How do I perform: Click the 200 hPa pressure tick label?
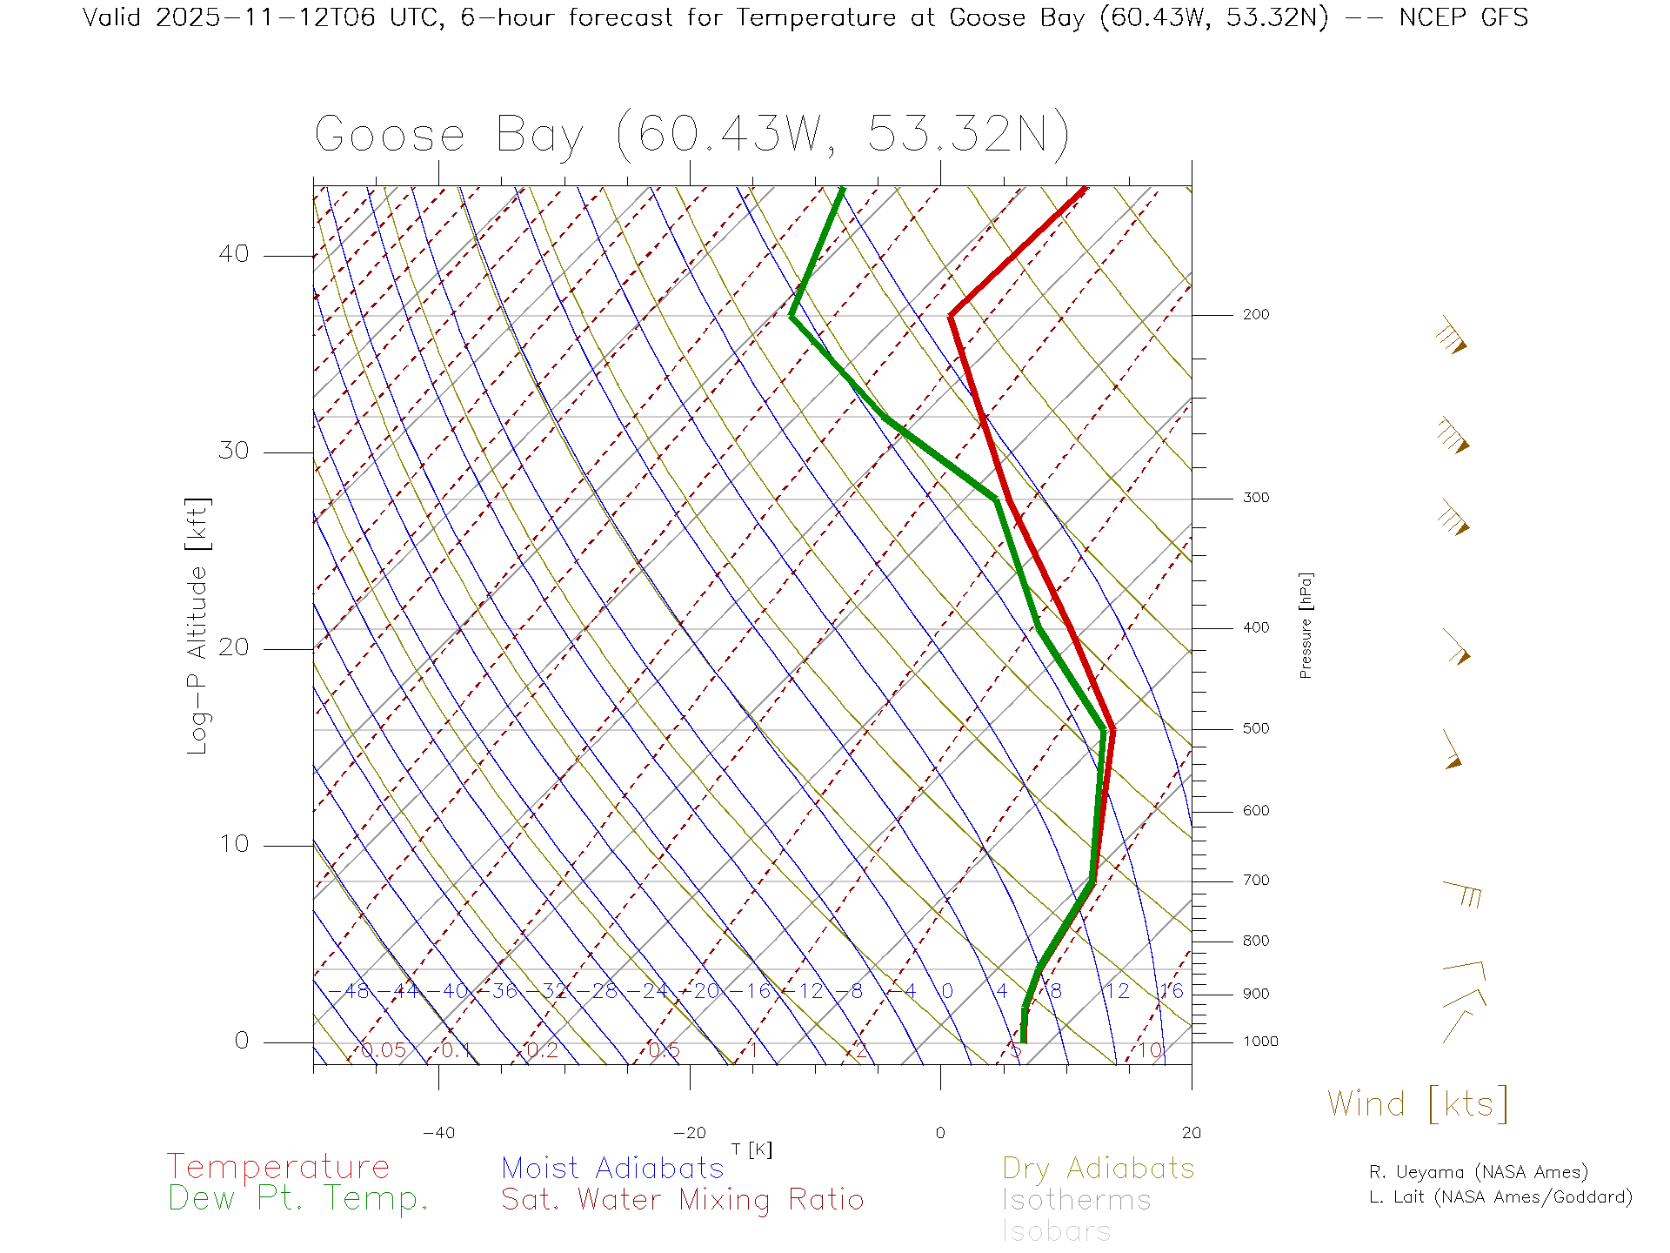click(1256, 315)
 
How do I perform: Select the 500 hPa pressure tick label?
click(1256, 729)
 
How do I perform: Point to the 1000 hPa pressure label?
click(1260, 1042)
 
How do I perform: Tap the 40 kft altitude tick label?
click(233, 254)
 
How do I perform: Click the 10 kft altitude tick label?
click(233, 844)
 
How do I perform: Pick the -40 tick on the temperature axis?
click(438, 1133)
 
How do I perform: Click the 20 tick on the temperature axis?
click(1191, 1133)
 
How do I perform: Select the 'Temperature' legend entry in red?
click(278, 1167)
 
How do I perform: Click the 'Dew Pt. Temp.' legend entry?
click(298, 1199)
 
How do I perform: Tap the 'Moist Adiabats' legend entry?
click(612, 1169)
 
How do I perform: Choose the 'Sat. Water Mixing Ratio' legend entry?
click(682, 1200)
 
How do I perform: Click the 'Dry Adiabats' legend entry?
click(1098, 1169)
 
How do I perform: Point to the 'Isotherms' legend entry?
click(1076, 1201)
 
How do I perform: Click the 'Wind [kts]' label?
click(1418, 1104)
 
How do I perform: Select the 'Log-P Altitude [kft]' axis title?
click(198, 626)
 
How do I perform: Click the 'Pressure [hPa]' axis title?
click(1306, 625)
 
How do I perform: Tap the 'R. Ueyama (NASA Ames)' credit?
click(1479, 1172)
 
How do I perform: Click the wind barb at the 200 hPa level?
click(1452, 336)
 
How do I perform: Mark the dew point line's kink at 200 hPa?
click(792, 316)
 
